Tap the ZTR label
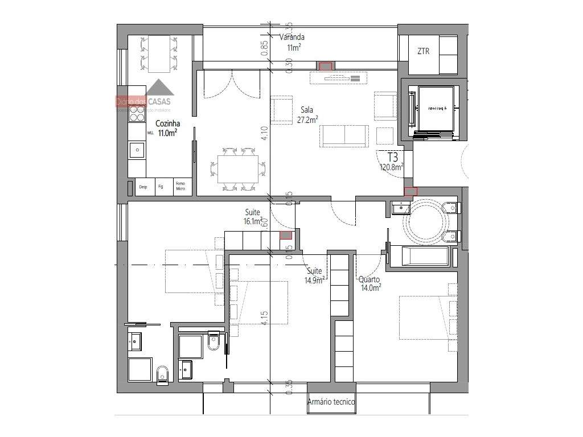[x=423, y=51]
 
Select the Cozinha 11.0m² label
[x=167, y=128]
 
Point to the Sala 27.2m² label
[x=307, y=114]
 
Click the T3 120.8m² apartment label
[x=392, y=162]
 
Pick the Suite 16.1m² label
[x=252, y=216]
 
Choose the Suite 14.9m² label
[x=314, y=275]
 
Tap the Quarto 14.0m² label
[x=369, y=283]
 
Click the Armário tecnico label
[x=331, y=402]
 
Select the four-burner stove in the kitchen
[x=137, y=115]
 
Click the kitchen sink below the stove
[x=137, y=150]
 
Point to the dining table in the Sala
[x=238, y=169]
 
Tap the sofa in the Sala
[x=343, y=134]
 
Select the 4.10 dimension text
[x=264, y=133]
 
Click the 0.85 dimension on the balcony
[x=264, y=47]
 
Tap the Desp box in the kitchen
[x=143, y=187]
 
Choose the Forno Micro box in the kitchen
[x=180, y=186]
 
